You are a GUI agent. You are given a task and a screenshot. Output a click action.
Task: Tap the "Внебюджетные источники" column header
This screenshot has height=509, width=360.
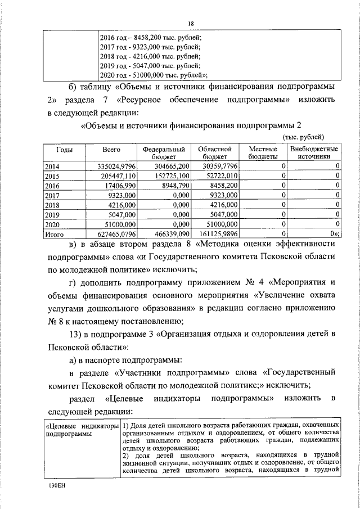coord(314,154)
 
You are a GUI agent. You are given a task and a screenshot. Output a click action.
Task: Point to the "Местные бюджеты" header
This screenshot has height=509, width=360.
coord(262,154)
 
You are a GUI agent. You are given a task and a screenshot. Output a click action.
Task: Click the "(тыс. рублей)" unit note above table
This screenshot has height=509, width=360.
coord(303,137)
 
